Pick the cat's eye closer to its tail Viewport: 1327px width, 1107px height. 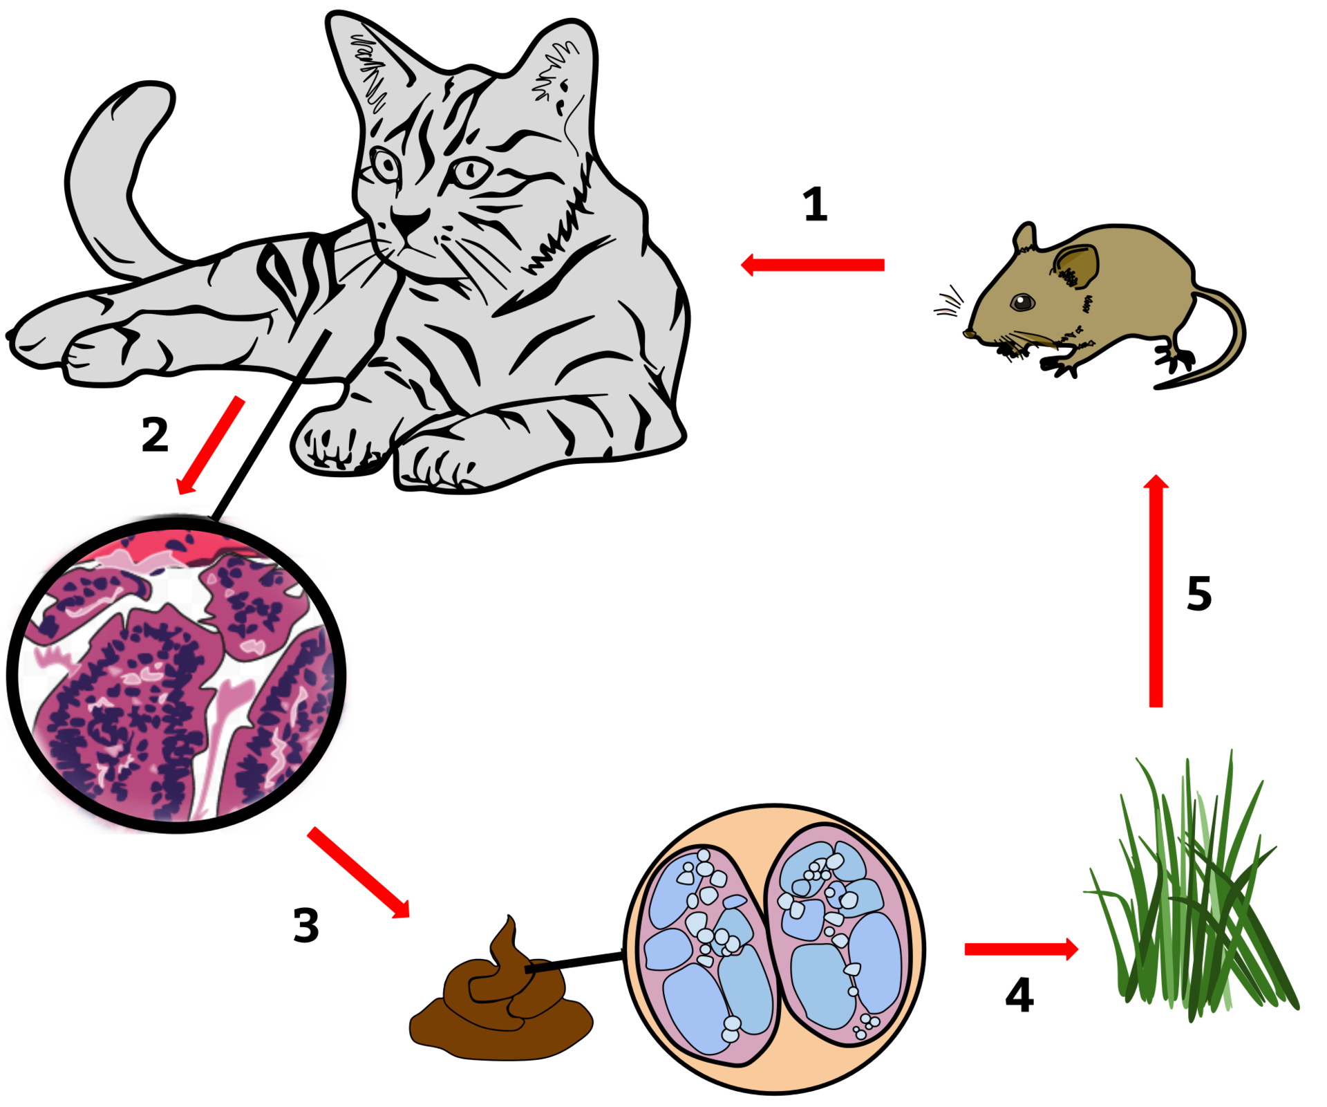(386, 165)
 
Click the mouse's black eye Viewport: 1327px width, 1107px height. (1021, 301)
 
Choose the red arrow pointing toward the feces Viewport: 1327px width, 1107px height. (359, 873)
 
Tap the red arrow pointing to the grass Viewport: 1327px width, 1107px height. (1020, 949)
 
